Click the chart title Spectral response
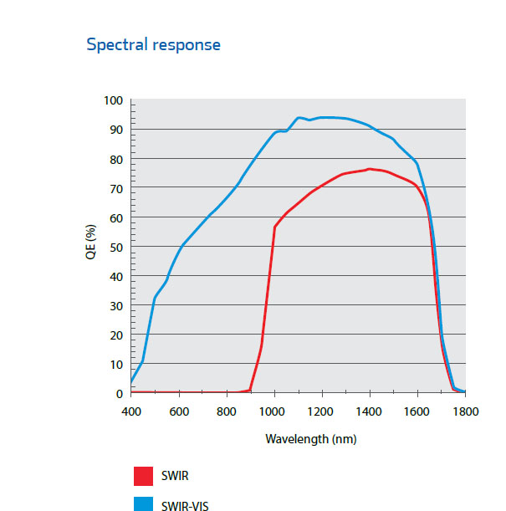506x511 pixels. tap(154, 44)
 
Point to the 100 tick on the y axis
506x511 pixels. tap(113, 101)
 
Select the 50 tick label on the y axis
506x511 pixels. tap(116, 248)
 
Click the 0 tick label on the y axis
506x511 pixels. tap(120, 394)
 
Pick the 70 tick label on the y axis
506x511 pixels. tap(116, 189)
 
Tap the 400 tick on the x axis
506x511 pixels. tap(131, 411)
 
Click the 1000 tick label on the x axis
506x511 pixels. tap(274, 411)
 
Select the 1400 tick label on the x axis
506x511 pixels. tap(370, 411)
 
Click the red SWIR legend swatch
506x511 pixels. tap(143, 476)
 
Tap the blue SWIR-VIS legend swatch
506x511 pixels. tap(143, 503)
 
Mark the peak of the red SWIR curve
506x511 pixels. tap(369, 169)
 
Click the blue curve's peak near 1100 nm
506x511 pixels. tap(299, 117)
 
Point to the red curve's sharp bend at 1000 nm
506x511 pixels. tap(274, 227)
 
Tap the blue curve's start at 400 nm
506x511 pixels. tap(132, 382)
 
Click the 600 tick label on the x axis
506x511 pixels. tap(179, 411)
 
